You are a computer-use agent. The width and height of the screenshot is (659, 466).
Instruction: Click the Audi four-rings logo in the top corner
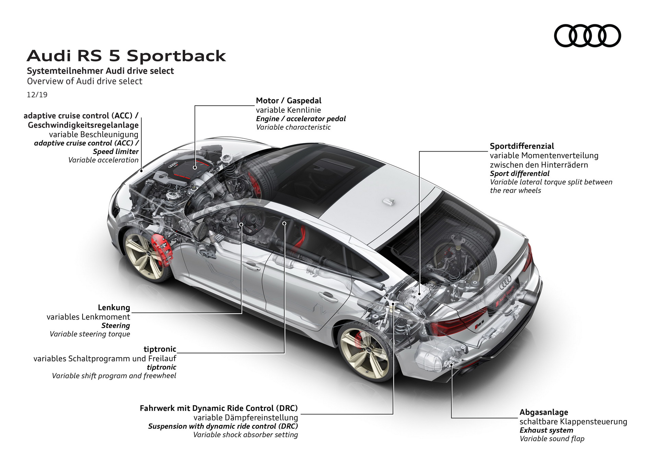coord(587,36)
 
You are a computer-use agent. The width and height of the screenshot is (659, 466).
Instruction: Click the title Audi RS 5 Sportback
coord(126,56)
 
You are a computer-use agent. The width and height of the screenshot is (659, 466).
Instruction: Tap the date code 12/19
coord(37,95)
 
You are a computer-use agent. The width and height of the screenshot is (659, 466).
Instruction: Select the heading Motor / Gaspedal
coord(288,100)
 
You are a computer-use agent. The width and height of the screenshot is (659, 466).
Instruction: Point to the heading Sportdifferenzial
coord(522,146)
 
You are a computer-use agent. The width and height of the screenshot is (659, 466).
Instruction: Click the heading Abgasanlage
coord(543,412)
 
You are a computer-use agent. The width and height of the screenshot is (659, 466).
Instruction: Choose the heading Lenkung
coord(114,308)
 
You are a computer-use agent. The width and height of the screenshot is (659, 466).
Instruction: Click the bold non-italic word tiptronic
coord(160,349)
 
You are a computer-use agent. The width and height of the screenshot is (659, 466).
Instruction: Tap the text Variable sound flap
coord(552,439)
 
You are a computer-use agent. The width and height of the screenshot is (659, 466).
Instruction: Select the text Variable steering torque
coord(90,334)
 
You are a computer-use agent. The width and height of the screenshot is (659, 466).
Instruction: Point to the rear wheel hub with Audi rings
coord(368,349)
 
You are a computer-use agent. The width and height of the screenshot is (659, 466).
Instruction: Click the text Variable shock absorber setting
coord(245,435)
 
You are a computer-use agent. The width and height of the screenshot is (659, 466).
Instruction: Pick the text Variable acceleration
coord(103,160)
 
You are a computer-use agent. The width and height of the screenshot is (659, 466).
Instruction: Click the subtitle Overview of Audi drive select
coord(84,81)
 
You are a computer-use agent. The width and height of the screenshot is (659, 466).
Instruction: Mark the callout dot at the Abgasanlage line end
coord(452,365)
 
